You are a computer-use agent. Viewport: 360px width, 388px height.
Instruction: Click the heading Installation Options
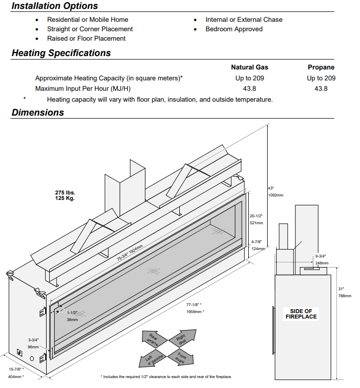[x=55, y=6]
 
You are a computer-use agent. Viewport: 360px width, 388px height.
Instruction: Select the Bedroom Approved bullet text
[x=234, y=29]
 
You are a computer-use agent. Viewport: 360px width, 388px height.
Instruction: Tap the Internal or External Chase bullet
[x=244, y=19]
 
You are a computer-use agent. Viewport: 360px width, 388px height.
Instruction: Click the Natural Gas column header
[x=249, y=67]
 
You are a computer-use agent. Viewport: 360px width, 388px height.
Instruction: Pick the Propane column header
[x=321, y=67]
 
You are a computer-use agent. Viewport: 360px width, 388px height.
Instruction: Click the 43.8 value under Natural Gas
[x=250, y=88]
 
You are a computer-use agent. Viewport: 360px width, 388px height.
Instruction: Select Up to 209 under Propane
[x=321, y=78]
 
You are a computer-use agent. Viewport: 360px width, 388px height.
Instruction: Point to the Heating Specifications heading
[x=61, y=53]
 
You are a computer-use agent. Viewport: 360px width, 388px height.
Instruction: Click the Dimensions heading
[x=38, y=112]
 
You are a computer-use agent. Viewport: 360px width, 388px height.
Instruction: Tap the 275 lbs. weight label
[x=65, y=193]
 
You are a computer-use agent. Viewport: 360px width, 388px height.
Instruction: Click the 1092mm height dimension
[x=276, y=194]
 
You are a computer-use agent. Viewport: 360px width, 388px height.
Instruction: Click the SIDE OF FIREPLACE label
[x=301, y=314]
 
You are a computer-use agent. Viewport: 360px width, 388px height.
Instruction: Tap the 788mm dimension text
[x=345, y=296]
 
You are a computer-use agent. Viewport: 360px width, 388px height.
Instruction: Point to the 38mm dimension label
[x=72, y=319]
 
